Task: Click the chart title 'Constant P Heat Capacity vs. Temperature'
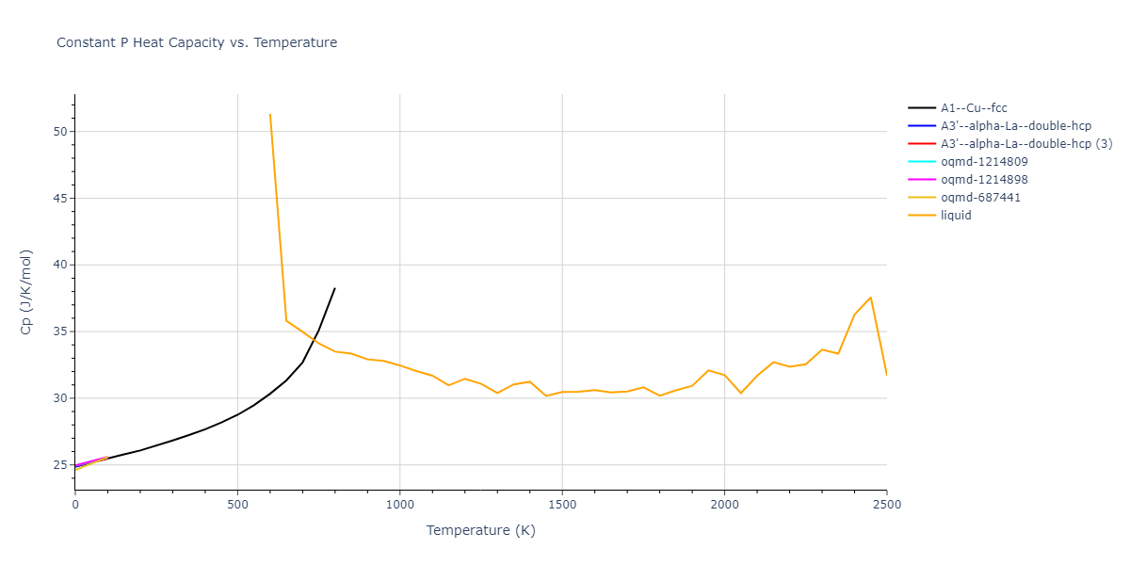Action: click(x=197, y=42)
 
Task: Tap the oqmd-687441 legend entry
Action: click(x=980, y=198)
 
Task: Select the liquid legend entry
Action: click(x=956, y=216)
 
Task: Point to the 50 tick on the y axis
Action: click(x=60, y=132)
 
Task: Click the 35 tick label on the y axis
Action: click(x=60, y=331)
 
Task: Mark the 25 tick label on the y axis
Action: click(x=60, y=465)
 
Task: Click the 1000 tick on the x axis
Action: click(x=400, y=506)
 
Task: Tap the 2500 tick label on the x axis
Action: click(x=886, y=506)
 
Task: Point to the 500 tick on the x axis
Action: click(x=237, y=506)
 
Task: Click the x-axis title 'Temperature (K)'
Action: click(x=480, y=531)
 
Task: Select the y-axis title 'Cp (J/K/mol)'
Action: click(x=26, y=293)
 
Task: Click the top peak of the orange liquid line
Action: click(x=270, y=115)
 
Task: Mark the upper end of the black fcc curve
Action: click(x=334, y=288)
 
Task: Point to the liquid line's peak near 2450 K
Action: click(x=870, y=298)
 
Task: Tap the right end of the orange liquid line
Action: click(x=886, y=374)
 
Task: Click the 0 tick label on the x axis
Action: click(x=75, y=506)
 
